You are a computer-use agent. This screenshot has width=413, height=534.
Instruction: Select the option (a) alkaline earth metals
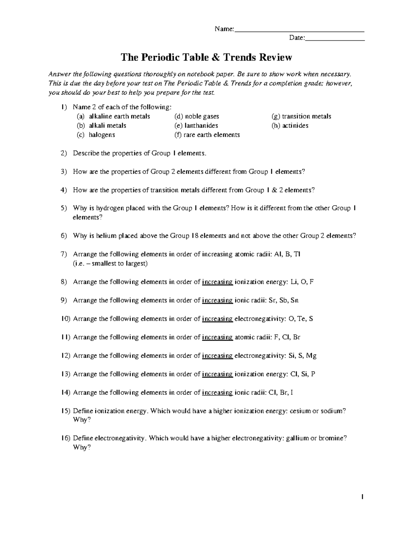pos(114,116)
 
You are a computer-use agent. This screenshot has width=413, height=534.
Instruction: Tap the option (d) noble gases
pos(197,116)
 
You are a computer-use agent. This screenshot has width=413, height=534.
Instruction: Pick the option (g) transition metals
pos(301,116)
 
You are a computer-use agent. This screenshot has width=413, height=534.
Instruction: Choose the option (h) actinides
pos(290,126)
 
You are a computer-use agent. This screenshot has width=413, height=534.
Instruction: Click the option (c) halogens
pos(96,135)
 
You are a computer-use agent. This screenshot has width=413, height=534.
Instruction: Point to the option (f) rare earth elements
pos(207,135)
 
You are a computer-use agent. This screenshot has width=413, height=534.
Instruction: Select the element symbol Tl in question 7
pos(297,254)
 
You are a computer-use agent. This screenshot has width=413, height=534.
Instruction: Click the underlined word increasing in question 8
pos(218,282)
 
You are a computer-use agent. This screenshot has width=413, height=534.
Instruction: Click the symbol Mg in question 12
pos(311,356)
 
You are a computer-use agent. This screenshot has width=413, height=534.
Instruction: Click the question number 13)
pos(65,374)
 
